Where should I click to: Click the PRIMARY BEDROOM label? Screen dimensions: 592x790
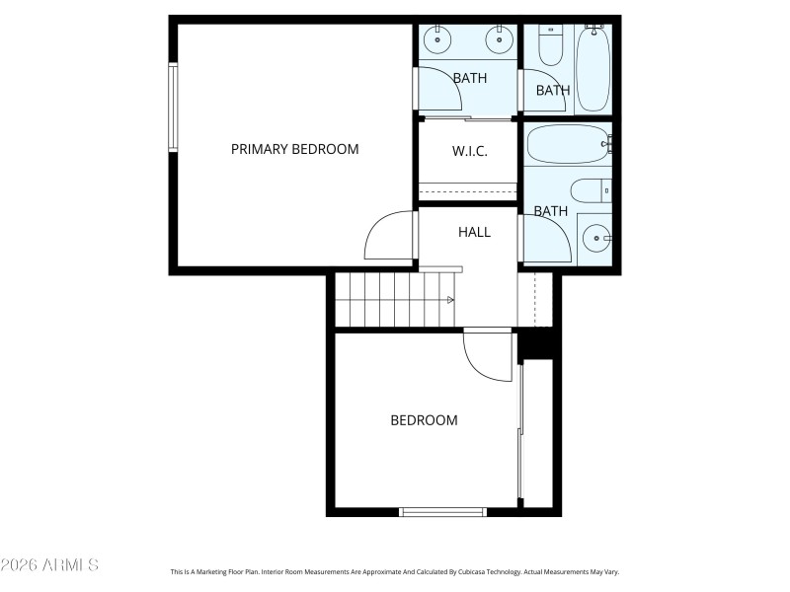coord(294,149)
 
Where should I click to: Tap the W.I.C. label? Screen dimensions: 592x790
coord(469,152)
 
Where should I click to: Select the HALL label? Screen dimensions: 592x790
coord(474,232)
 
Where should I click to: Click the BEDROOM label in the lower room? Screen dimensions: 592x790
coord(424,420)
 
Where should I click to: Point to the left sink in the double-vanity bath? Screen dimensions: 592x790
coord(436,41)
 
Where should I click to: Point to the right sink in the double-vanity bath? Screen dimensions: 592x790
coord(500,41)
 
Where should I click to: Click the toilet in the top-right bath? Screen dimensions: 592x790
coord(550,45)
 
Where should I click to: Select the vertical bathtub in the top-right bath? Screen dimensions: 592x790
coord(593,69)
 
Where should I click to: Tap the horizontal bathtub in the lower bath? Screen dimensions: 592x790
coord(568,145)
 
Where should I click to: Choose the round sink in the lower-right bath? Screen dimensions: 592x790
coord(595,238)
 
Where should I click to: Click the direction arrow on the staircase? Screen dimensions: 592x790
coord(450,299)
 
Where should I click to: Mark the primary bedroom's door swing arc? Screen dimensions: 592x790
coord(388,237)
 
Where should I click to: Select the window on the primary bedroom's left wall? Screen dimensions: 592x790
coord(173,109)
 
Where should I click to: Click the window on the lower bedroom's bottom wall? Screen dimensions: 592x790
coord(442,511)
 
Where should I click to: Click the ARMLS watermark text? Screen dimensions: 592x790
coord(49,565)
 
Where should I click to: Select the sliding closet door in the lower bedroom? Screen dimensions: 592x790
coord(520,434)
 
